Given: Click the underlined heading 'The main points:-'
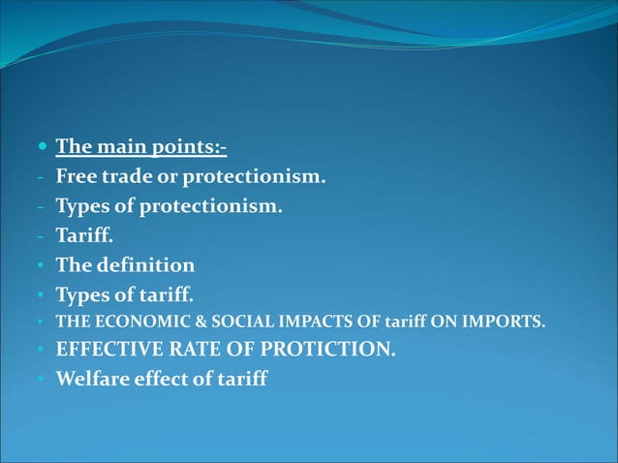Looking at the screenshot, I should click(140, 148).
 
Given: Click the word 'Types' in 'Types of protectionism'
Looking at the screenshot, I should click(82, 206).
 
